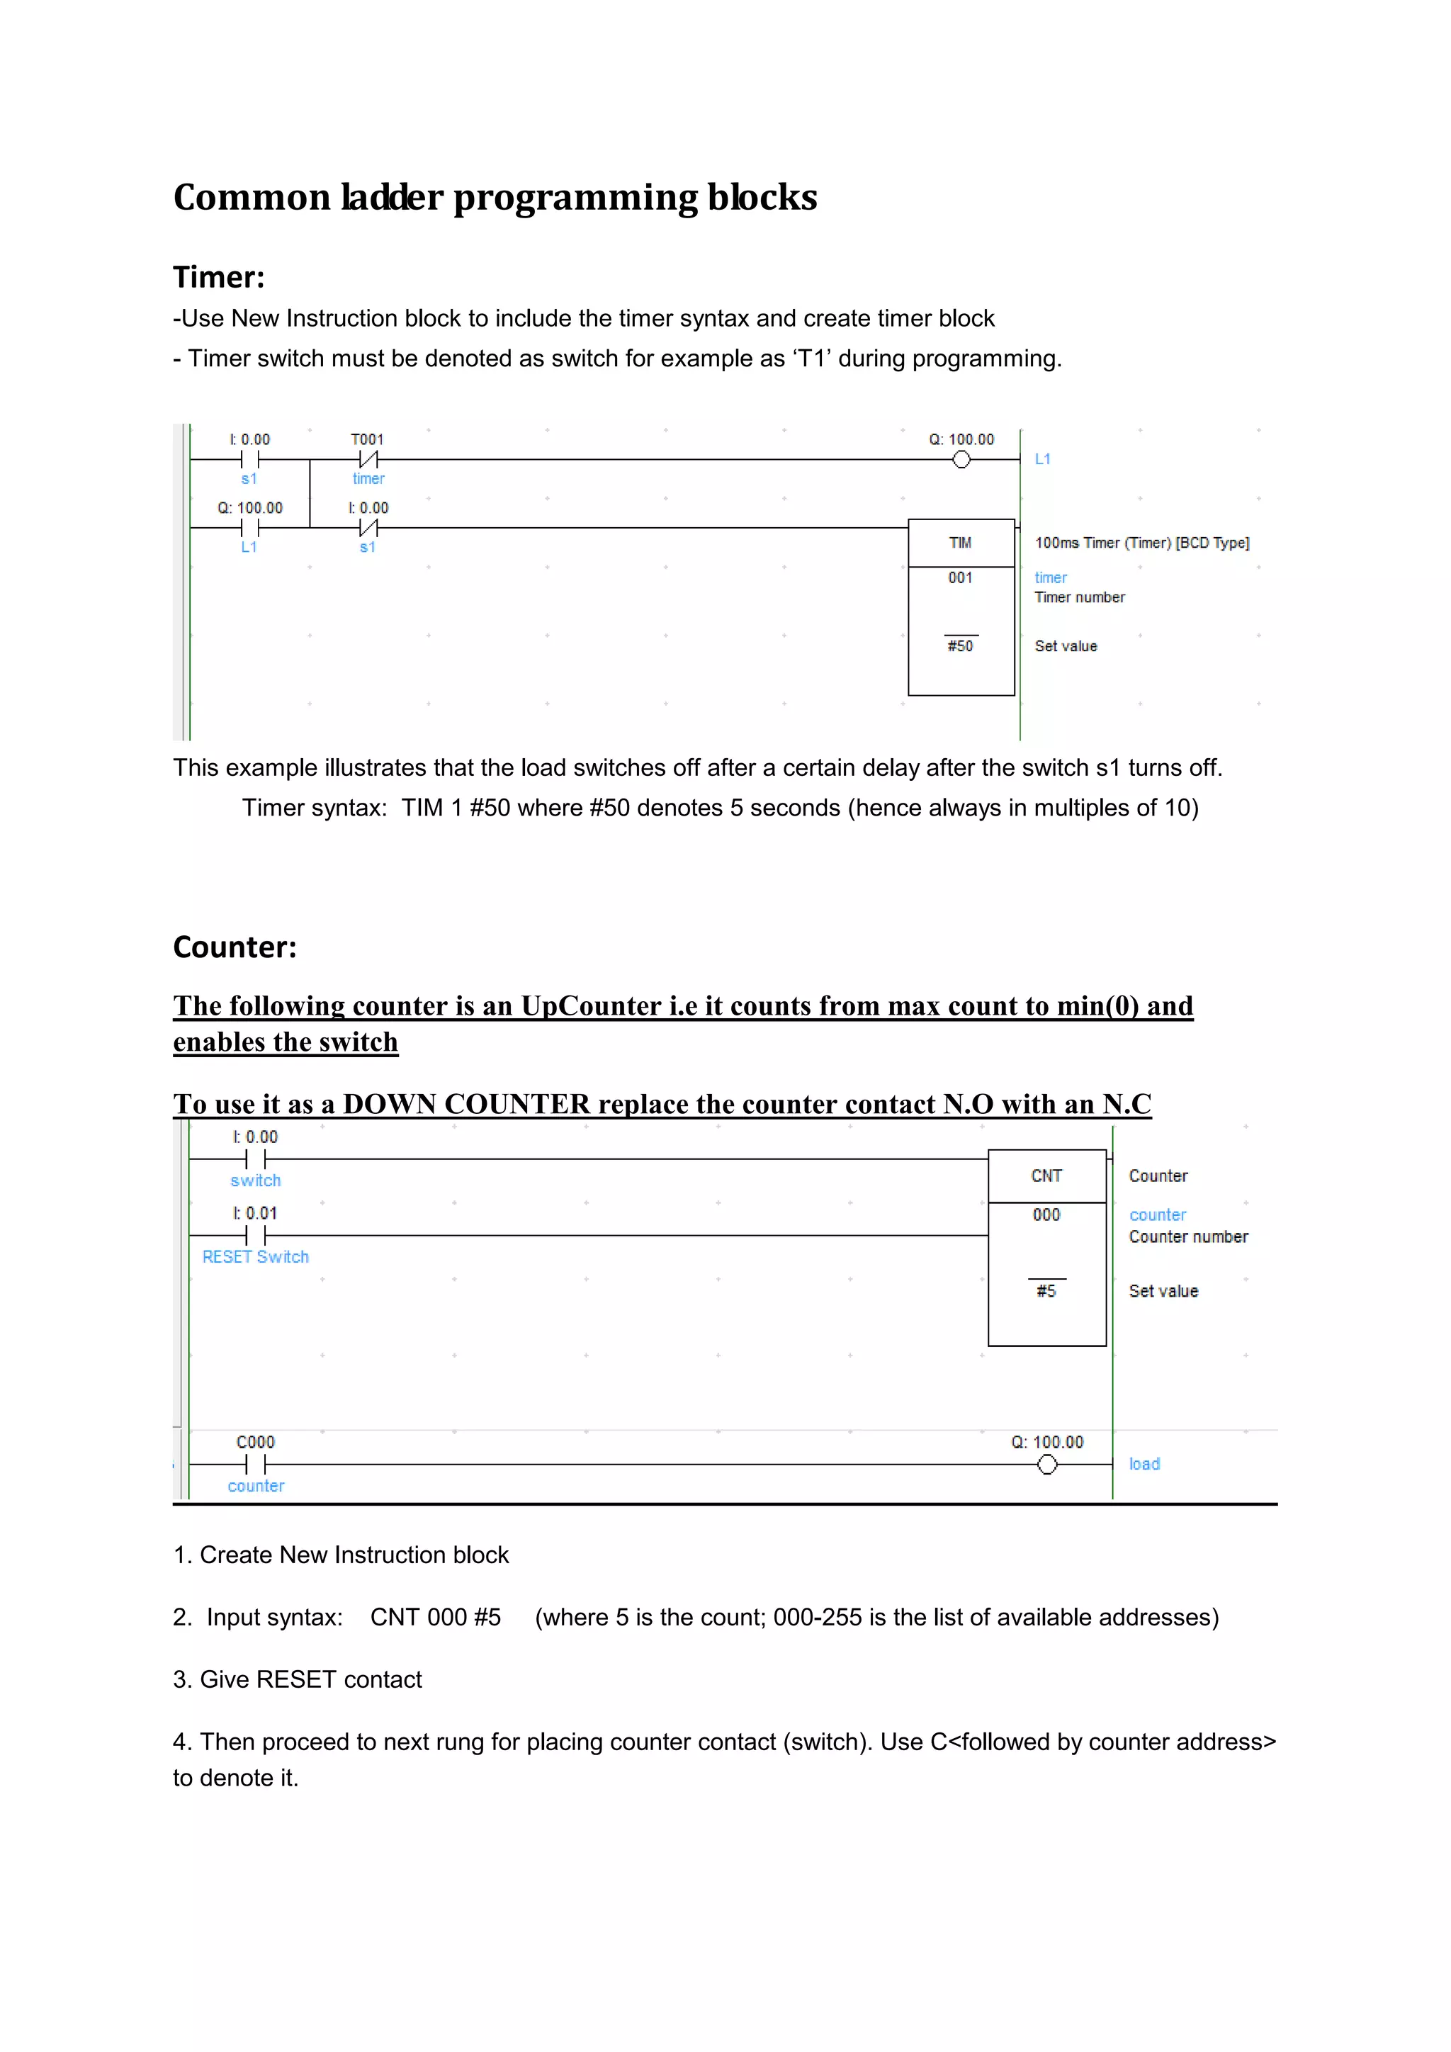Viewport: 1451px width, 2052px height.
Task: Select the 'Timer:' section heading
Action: coord(219,277)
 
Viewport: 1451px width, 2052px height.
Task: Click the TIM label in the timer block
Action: coord(961,543)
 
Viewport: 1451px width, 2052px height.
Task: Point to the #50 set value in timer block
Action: coord(961,646)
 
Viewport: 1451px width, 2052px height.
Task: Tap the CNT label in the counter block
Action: coord(1046,1176)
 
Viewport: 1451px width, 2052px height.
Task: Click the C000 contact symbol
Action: coord(256,1464)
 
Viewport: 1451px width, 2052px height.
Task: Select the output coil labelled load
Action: coord(1047,1464)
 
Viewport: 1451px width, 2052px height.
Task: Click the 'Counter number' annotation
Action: coord(1188,1237)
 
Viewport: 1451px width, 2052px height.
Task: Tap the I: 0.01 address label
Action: coord(256,1213)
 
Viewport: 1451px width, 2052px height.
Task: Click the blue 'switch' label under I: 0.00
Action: coord(256,1180)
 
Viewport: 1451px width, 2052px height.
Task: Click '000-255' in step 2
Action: coord(818,1617)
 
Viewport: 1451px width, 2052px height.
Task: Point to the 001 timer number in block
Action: coord(961,577)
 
